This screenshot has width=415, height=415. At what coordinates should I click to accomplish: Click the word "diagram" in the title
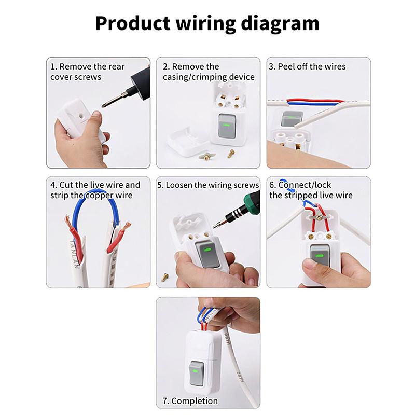280,24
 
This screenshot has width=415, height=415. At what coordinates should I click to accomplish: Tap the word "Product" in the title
133,23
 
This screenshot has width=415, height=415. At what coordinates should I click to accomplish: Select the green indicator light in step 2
226,125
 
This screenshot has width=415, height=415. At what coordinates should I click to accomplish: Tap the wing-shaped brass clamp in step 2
206,156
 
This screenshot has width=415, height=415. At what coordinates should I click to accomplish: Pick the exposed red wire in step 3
315,101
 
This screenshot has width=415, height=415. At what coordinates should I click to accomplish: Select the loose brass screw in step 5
165,277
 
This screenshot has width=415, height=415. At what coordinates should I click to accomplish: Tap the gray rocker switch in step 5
208,254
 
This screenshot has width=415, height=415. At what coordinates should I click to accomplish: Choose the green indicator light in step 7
196,371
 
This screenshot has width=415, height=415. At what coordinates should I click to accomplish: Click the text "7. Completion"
190,401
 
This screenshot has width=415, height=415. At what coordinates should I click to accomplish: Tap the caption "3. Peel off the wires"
307,66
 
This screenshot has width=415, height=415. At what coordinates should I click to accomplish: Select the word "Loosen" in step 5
179,185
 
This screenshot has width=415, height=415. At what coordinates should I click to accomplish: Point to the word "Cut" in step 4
66,185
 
